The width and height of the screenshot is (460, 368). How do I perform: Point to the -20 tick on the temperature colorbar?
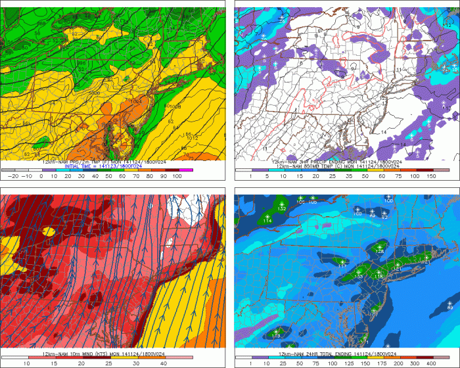point(11,177)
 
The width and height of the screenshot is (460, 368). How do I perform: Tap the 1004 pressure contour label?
point(136,101)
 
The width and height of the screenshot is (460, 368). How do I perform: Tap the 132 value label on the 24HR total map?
point(281,208)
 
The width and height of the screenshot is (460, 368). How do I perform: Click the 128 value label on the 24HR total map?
point(380,251)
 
